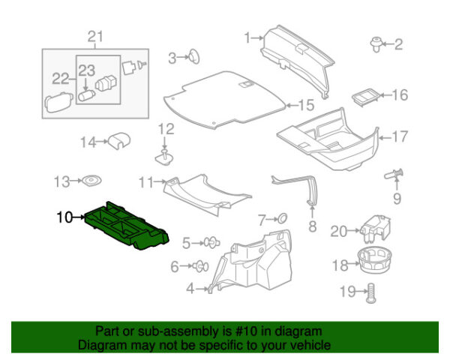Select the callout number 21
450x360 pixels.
click(94, 37)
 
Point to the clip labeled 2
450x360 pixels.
click(374, 44)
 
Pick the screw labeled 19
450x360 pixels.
click(369, 294)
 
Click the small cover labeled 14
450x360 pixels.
click(116, 139)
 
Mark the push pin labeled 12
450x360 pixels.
click(165, 155)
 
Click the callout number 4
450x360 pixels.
click(190, 288)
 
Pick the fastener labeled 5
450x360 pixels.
click(211, 242)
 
